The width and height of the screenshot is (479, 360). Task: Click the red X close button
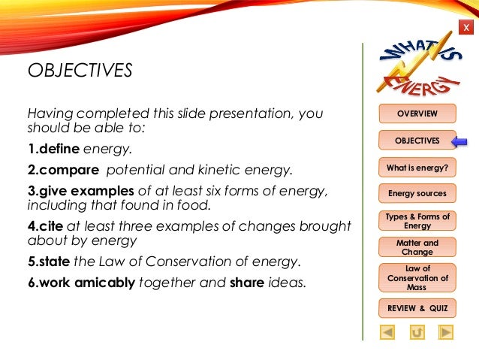(x=466, y=28)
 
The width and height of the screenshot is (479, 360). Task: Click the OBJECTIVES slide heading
(x=80, y=71)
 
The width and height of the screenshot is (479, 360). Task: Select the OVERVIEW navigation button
(x=417, y=113)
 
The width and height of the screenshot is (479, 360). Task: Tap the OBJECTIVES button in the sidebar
(x=417, y=141)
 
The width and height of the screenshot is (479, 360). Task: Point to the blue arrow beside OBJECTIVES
(x=459, y=141)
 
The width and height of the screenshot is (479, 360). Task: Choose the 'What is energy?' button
(x=417, y=167)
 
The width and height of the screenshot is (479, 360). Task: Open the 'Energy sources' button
(x=417, y=193)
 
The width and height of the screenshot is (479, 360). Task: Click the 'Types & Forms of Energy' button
(x=417, y=221)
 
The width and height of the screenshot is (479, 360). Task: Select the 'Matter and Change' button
(x=417, y=247)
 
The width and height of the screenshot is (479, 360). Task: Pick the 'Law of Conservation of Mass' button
(x=417, y=278)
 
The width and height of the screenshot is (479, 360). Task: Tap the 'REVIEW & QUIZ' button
(x=417, y=308)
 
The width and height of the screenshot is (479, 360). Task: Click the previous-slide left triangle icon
(x=387, y=331)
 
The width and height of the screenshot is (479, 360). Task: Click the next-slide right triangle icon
(x=445, y=331)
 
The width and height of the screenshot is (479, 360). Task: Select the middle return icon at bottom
(x=417, y=331)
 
